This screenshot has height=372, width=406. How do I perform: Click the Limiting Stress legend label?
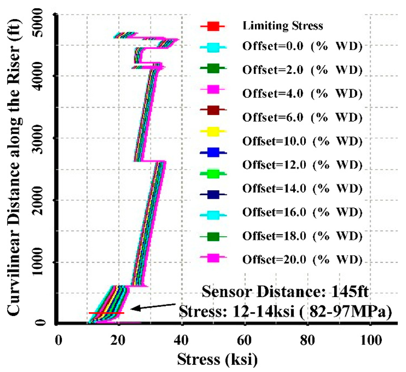click(x=283, y=27)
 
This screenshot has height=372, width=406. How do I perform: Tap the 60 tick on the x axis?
click(x=245, y=340)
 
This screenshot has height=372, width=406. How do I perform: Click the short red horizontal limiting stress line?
click(x=106, y=313)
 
